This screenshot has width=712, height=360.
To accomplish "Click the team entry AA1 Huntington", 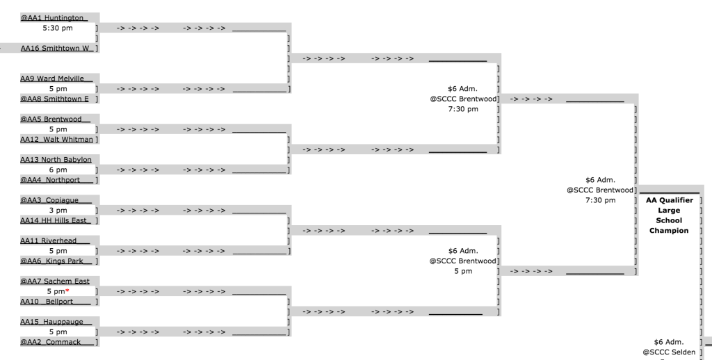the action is point(54,17).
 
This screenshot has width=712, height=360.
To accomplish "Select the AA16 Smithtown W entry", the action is point(57,48).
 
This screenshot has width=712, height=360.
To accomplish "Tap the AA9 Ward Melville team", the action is point(56,79).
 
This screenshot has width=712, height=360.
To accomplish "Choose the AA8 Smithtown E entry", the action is point(54,99).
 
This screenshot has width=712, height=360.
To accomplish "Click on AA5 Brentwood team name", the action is point(56,119).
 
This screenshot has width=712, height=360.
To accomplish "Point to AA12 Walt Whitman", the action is point(56,140).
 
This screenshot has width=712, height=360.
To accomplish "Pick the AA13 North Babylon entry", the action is point(56,159).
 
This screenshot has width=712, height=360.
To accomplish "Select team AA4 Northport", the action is point(56,180).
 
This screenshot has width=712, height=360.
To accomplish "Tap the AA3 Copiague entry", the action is point(56,200).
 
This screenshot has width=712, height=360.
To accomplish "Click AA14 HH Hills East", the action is point(56,220).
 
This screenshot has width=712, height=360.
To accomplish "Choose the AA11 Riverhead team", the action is point(55,240).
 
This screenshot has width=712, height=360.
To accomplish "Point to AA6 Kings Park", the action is point(56,261).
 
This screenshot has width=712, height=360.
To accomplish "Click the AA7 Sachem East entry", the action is point(55,281).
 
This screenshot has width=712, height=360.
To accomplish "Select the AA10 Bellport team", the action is point(56,302).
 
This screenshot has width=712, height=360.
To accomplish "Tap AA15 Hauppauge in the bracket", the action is point(56,322).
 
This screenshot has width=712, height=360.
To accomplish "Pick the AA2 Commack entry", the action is point(57,342).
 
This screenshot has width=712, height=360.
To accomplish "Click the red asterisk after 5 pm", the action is point(67,291).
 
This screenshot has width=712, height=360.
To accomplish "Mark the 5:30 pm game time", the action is point(58,28).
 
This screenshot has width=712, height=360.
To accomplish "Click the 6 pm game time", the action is point(58,170).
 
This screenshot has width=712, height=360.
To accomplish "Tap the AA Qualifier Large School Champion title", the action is point(669,215).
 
